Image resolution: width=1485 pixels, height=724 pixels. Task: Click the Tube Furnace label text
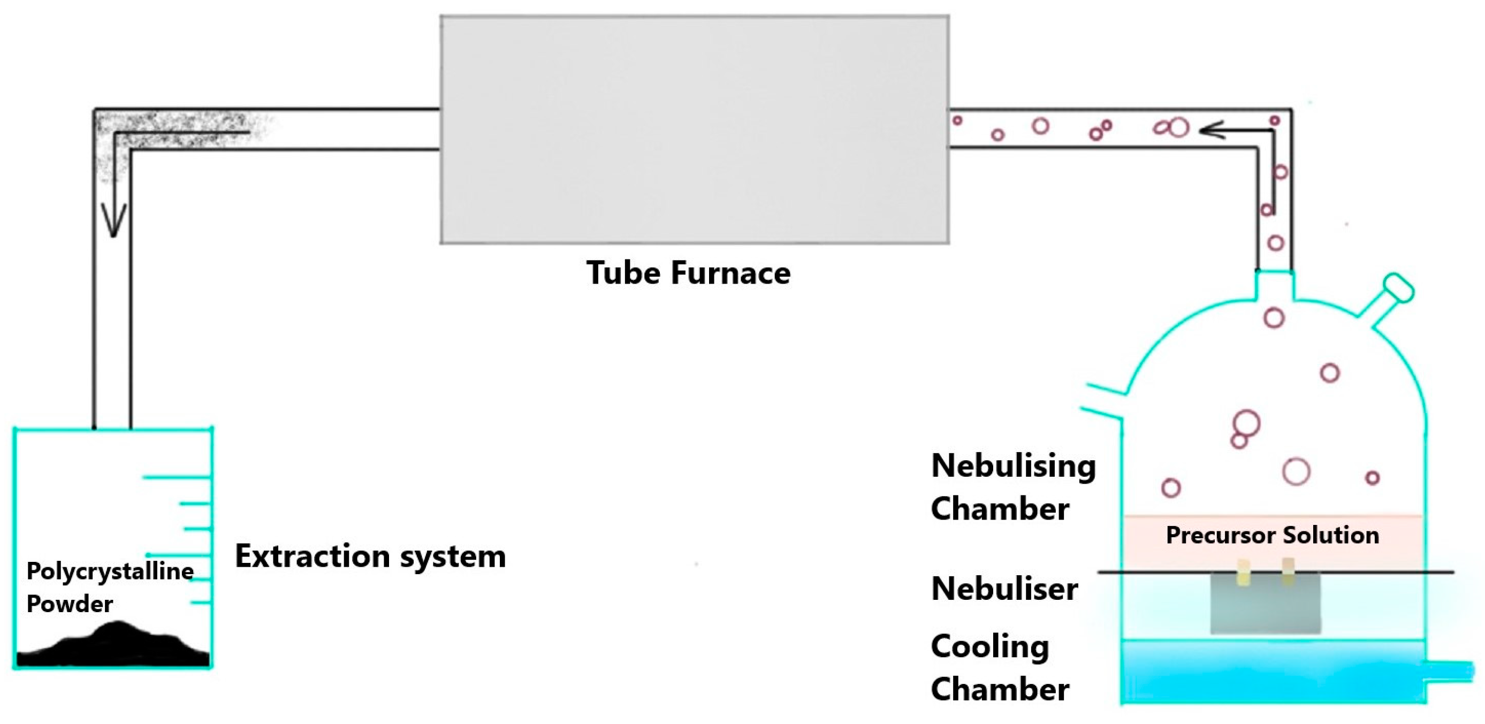coord(688,273)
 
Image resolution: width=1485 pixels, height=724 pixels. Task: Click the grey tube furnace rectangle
coord(694,129)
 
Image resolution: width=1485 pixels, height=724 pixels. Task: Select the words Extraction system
coord(370,557)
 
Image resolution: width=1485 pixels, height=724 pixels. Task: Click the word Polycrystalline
coord(110,571)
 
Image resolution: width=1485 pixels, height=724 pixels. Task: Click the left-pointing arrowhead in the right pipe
coord(1210,129)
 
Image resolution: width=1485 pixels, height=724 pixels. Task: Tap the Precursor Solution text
coord(1272,535)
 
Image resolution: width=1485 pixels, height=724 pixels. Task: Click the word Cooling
coord(989,646)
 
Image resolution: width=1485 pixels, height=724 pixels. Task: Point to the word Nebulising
coord(1013,466)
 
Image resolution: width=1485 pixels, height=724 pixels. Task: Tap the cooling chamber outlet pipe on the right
coord(1450,672)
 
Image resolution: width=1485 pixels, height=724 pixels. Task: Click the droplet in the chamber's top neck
coord(1274,318)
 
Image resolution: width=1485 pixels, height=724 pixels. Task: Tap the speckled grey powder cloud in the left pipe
coord(173,127)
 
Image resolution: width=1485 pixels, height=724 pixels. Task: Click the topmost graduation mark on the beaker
coord(176,477)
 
